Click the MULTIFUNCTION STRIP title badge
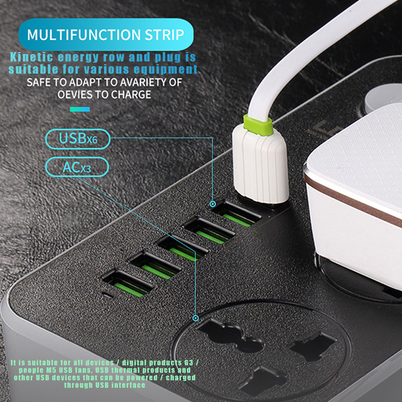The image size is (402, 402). (x=106, y=34)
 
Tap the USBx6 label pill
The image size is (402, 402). (x=78, y=139)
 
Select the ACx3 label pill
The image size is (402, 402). (x=76, y=167)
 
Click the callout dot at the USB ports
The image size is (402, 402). (x=213, y=204)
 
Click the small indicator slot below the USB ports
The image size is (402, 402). (x=106, y=294)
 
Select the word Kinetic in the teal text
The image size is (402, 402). (x=32, y=57)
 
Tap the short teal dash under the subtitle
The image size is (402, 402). (x=80, y=109)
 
